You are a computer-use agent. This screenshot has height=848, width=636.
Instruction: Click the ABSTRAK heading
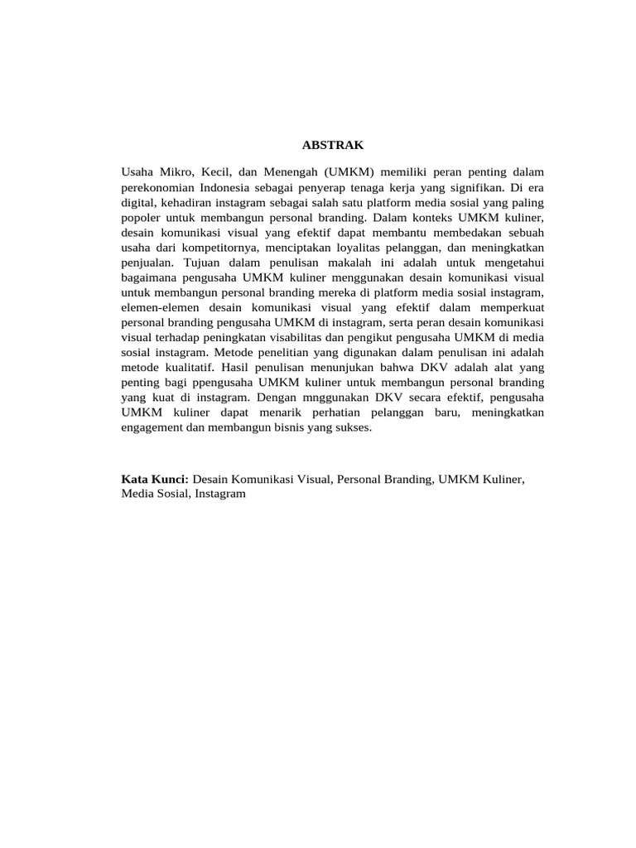[334, 145]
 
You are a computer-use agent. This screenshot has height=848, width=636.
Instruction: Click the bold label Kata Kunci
[155, 479]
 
